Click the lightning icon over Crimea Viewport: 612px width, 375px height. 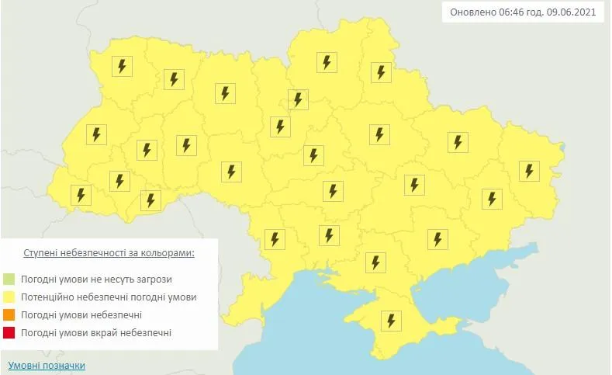pyautogui.click(x=390, y=320)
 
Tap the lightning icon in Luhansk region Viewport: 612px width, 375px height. pyautogui.click(x=529, y=171)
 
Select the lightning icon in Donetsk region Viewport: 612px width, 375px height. pyautogui.click(x=490, y=199)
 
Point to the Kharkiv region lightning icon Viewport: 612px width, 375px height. pyautogui.click(x=458, y=142)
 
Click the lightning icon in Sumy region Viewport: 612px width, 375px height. pyautogui.click(x=380, y=72)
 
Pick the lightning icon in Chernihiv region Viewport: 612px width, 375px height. pyautogui.click(x=327, y=62)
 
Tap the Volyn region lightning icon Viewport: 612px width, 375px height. pyautogui.click(x=120, y=66)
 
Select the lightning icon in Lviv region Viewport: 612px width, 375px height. pyautogui.click(x=96, y=134)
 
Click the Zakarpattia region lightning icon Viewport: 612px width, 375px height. pyautogui.click(x=80, y=195)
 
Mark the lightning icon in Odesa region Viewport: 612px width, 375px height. pyautogui.click(x=274, y=238)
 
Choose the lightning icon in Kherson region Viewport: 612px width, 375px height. pyautogui.click(x=375, y=262)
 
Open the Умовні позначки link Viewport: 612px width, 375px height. pyautogui.click(x=47, y=365)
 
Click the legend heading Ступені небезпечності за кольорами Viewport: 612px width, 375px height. pyautogui.click(x=109, y=254)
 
